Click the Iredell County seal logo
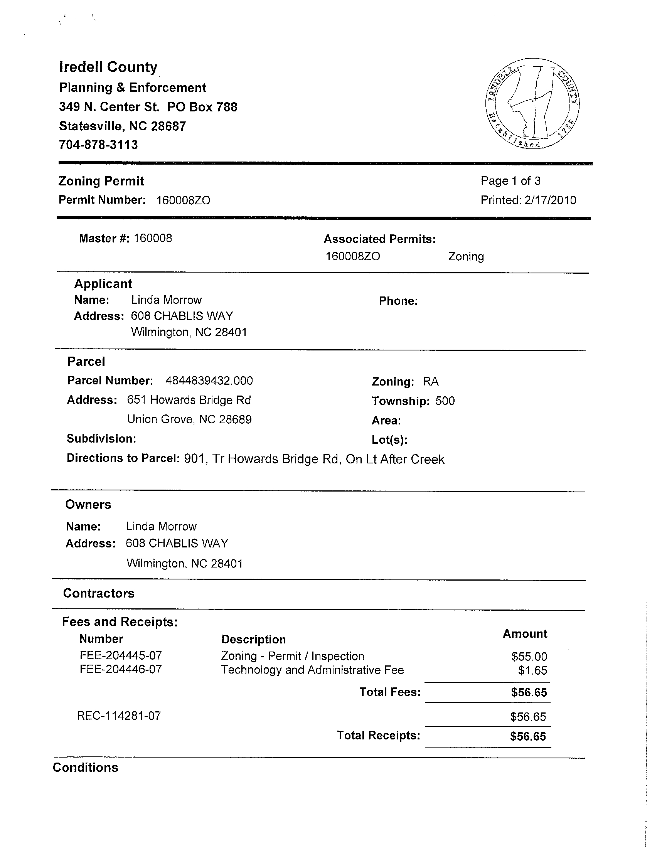(x=532, y=104)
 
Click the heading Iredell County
(x=108, y=67)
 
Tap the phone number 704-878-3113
(x=98, y=145)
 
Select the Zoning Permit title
(x=101, y=181)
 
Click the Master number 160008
(x=153, y=238)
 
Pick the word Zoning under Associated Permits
(x=466, y=257)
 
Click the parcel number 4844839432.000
(x=209, y=381)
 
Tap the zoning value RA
(x=431, y=382)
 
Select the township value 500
(x=445, y=401)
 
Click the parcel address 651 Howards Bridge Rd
(x=189, y=400)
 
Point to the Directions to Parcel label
(x=123, y=458)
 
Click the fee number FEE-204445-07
(x=121, y=656)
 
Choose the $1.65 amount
(x=532, y=670)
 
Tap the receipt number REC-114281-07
(x=119, y=716)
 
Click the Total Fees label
(x=390, y=692)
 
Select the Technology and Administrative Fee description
(x=312, y=670)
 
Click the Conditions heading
(x=85, y=768)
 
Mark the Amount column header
(x=525, y=634)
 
